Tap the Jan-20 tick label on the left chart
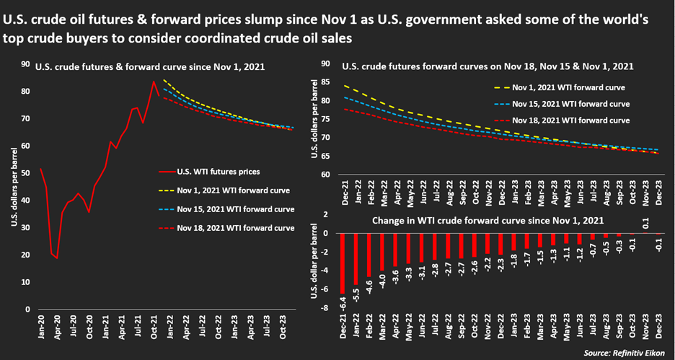[41, 329]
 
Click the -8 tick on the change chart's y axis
[326, 308]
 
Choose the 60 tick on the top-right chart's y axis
[325, 175]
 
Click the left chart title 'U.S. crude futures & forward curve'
[151, 67]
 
